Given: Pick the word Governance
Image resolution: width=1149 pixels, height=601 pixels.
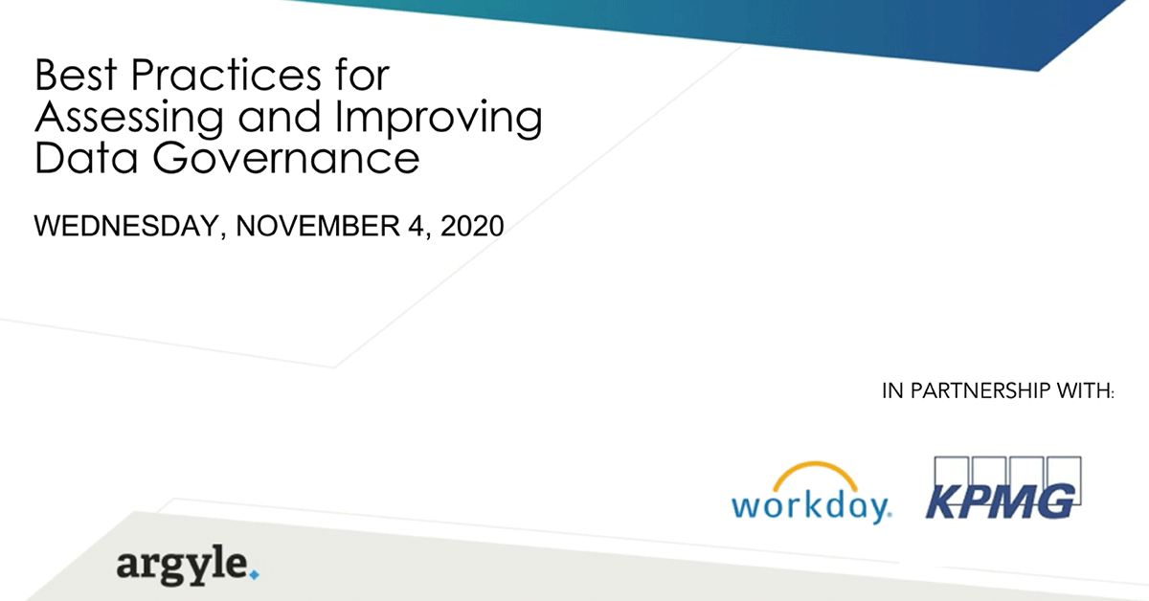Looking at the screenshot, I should (283, 158).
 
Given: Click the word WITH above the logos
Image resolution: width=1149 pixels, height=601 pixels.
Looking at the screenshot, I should (1088, 391).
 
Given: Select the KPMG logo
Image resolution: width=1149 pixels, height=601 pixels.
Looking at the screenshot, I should (1003, 490).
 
